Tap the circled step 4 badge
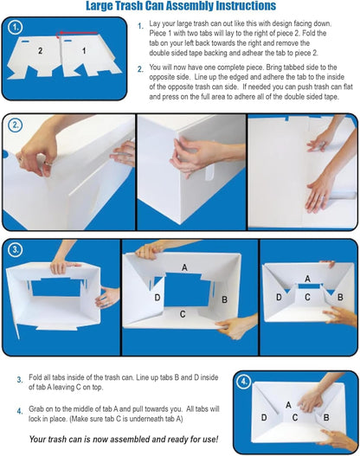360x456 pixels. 245,380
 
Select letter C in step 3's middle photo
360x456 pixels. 183,314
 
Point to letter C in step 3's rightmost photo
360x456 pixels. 307,297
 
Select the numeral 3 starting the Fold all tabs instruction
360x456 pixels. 19,379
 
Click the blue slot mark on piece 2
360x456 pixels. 28,40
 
